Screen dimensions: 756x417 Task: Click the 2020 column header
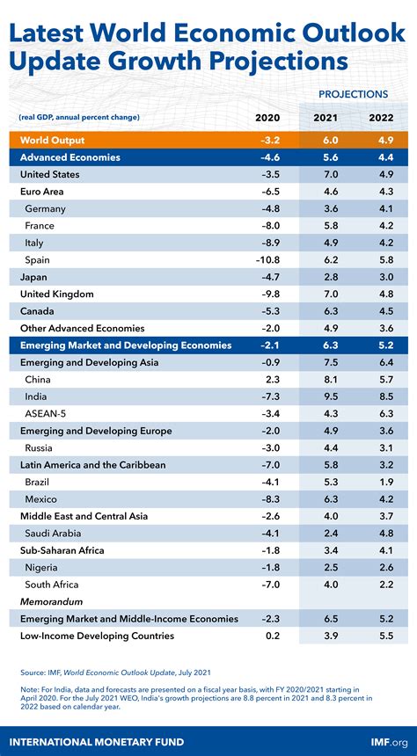(267, 118)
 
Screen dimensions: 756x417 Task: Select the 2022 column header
(381, 118)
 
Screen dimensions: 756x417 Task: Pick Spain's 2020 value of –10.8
(267, 260)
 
